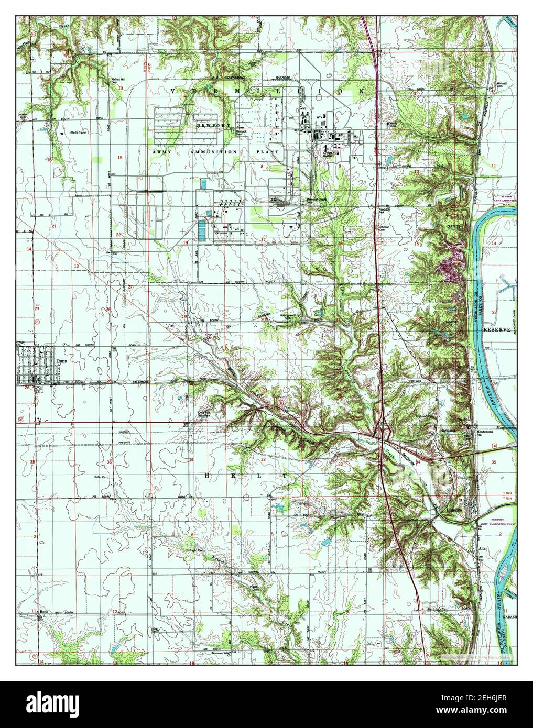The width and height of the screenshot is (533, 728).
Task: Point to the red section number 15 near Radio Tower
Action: click(119, 158)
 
